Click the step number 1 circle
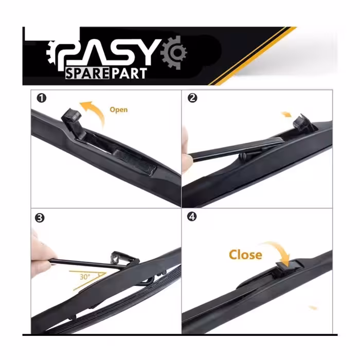pos(42,98)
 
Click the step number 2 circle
pos(192,98)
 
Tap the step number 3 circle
pos(40,218)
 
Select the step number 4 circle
pos(192,217)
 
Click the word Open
pos(119,110)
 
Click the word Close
pos(245,255)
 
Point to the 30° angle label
pos(85,277)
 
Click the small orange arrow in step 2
pos(286,114)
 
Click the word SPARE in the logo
pos(87,74)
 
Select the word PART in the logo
pos(129,74)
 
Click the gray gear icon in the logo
pos(174,53)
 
